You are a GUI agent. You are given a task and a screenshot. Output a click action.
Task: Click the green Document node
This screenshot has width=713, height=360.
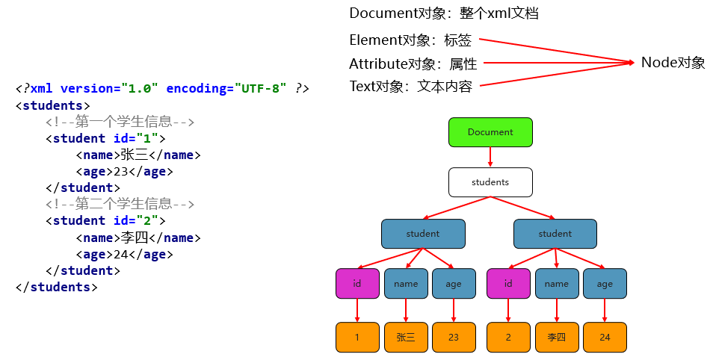tap(490, 132)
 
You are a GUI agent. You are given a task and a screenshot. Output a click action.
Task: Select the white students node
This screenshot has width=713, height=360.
tap(490, 182)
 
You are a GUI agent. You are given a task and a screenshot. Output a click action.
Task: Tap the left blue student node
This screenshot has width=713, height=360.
tap(423, 234)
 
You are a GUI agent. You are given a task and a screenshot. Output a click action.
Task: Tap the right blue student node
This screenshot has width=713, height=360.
tap(555, 234)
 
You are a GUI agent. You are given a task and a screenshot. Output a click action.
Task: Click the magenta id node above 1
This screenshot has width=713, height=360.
tap(357, 284)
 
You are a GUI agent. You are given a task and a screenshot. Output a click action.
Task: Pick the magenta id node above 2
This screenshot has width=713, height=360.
tap(508, 284)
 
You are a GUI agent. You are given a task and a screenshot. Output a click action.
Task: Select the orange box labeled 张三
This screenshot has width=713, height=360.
tap(406, 338)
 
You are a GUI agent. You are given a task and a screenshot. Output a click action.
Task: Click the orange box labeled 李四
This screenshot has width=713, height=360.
tap(557, 338)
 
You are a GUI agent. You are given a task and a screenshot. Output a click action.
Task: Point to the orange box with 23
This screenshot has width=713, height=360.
tap(454, 338)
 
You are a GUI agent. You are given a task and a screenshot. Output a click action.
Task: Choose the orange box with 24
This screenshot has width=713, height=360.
tap(605, 338)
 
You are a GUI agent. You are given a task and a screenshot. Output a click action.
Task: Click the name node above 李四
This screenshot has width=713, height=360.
tap(557, 284)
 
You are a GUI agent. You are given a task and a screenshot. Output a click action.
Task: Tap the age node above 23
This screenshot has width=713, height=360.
tap(454, 284)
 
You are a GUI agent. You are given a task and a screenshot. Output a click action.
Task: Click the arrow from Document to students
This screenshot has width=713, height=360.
tap(490, 157)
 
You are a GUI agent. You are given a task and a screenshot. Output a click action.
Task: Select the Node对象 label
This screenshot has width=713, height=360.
tap(673, 63)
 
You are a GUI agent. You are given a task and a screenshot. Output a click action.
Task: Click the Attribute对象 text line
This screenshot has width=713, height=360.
tap(413, 64)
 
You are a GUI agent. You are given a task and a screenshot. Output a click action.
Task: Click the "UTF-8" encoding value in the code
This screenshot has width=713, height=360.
tap(261, 89)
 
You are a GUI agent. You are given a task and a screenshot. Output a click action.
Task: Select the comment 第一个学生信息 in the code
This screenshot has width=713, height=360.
tap(120, 122)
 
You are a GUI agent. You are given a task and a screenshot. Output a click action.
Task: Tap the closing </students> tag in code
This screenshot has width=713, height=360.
tap(56, 287)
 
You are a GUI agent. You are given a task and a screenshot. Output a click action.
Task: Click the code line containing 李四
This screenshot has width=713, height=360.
tap(138, 238)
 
